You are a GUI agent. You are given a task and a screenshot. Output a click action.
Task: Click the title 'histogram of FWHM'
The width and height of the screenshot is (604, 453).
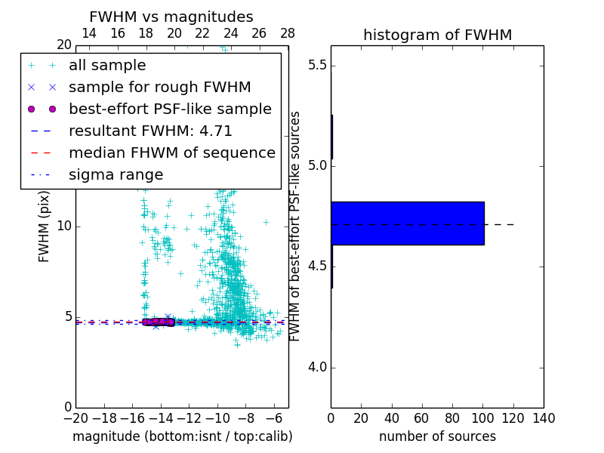437,35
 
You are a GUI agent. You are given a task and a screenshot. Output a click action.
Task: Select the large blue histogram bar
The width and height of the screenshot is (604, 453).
408,223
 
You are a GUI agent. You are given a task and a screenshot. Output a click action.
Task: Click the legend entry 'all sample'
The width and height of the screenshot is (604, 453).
107,66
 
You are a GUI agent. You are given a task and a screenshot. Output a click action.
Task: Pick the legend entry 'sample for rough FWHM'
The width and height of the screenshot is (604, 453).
159,87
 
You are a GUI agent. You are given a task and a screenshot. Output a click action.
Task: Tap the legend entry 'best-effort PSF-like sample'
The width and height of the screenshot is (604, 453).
170,109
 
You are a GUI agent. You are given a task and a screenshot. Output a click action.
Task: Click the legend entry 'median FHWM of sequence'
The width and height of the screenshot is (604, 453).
171,153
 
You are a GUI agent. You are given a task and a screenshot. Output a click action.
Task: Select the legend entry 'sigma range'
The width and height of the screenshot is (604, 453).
116,174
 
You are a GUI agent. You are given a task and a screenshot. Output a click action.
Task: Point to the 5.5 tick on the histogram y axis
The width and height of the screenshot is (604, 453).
316,65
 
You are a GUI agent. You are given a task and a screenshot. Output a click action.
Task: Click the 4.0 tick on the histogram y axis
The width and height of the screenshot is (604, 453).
316,368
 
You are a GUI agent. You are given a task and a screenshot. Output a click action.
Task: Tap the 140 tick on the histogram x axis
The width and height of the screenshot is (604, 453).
544,418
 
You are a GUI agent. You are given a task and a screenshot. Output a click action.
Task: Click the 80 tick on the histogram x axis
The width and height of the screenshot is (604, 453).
452,418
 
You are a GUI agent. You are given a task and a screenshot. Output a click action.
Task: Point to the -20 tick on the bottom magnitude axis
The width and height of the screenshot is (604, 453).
75,418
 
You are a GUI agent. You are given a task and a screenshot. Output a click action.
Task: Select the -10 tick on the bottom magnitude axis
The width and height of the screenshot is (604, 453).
217,418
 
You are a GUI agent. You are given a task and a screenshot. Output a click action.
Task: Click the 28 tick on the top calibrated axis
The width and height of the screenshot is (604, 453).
288,33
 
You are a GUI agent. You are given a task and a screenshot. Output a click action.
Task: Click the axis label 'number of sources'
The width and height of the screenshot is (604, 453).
437,436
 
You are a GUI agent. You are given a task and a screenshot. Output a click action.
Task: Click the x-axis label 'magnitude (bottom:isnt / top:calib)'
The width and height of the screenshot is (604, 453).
182,436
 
